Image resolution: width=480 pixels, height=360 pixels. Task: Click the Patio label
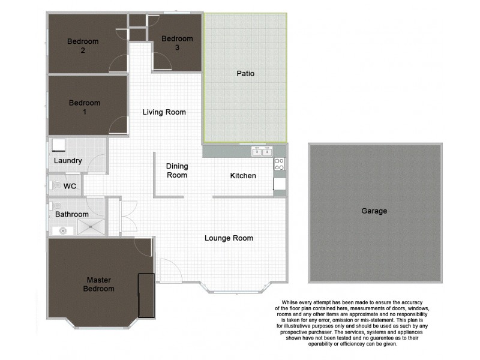pos(245,74)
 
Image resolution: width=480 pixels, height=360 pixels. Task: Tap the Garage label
pos(374,211)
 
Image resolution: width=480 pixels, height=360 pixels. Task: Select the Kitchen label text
pos(243,176)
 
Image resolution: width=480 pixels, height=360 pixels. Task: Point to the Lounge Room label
pos(229,238)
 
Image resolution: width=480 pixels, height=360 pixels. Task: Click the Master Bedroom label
pos(100,284)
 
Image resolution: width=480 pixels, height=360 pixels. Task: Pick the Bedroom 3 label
pos(177,43)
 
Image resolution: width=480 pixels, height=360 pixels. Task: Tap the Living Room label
pos(164,112)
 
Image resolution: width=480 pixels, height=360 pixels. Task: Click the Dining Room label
pos(176,170)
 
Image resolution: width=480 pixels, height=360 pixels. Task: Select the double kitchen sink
pos(261,152)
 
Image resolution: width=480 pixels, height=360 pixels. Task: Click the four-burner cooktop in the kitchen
pos(280,163)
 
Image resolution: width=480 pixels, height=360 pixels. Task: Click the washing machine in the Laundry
pos(59,146)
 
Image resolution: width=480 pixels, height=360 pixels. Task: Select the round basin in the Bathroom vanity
pos(62,230)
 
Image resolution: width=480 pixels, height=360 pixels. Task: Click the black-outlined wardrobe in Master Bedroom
pos(146,295)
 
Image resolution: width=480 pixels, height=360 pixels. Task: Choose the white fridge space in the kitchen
pos(280,183)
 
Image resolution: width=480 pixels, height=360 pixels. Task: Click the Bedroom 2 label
pos(83,46)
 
